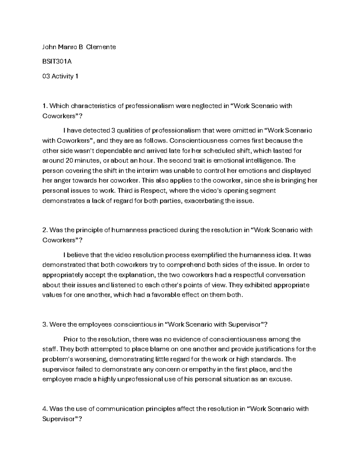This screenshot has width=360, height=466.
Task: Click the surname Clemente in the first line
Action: coord(101,47)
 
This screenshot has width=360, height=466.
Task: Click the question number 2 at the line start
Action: coord(44,230)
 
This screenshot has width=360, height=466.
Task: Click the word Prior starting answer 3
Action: coord(71,339)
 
